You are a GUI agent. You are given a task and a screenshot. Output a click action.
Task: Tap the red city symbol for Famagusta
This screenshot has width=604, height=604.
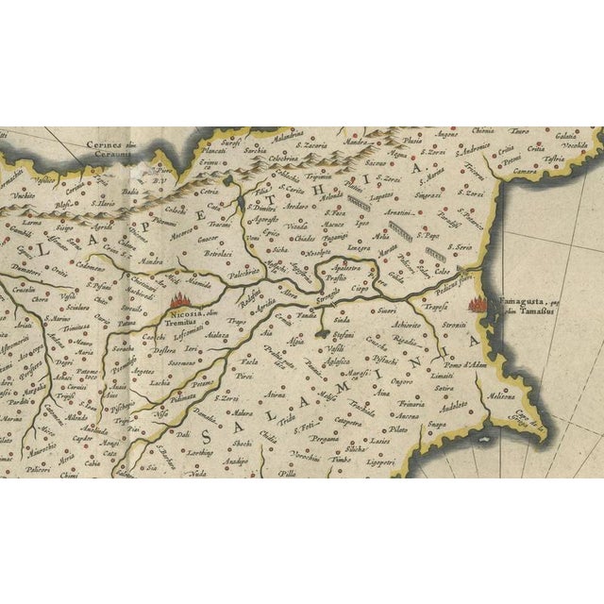tap(476, 304)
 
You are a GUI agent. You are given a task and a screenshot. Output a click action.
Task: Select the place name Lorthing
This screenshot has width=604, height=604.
tap(197, 454)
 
